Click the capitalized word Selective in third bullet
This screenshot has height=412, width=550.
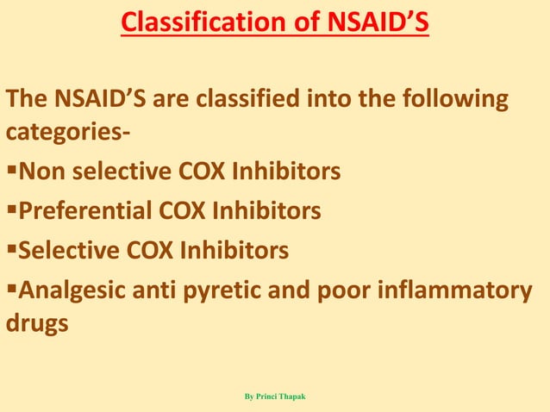click(x=70, y=250)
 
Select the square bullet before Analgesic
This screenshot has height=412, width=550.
click(x=12, y=290)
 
